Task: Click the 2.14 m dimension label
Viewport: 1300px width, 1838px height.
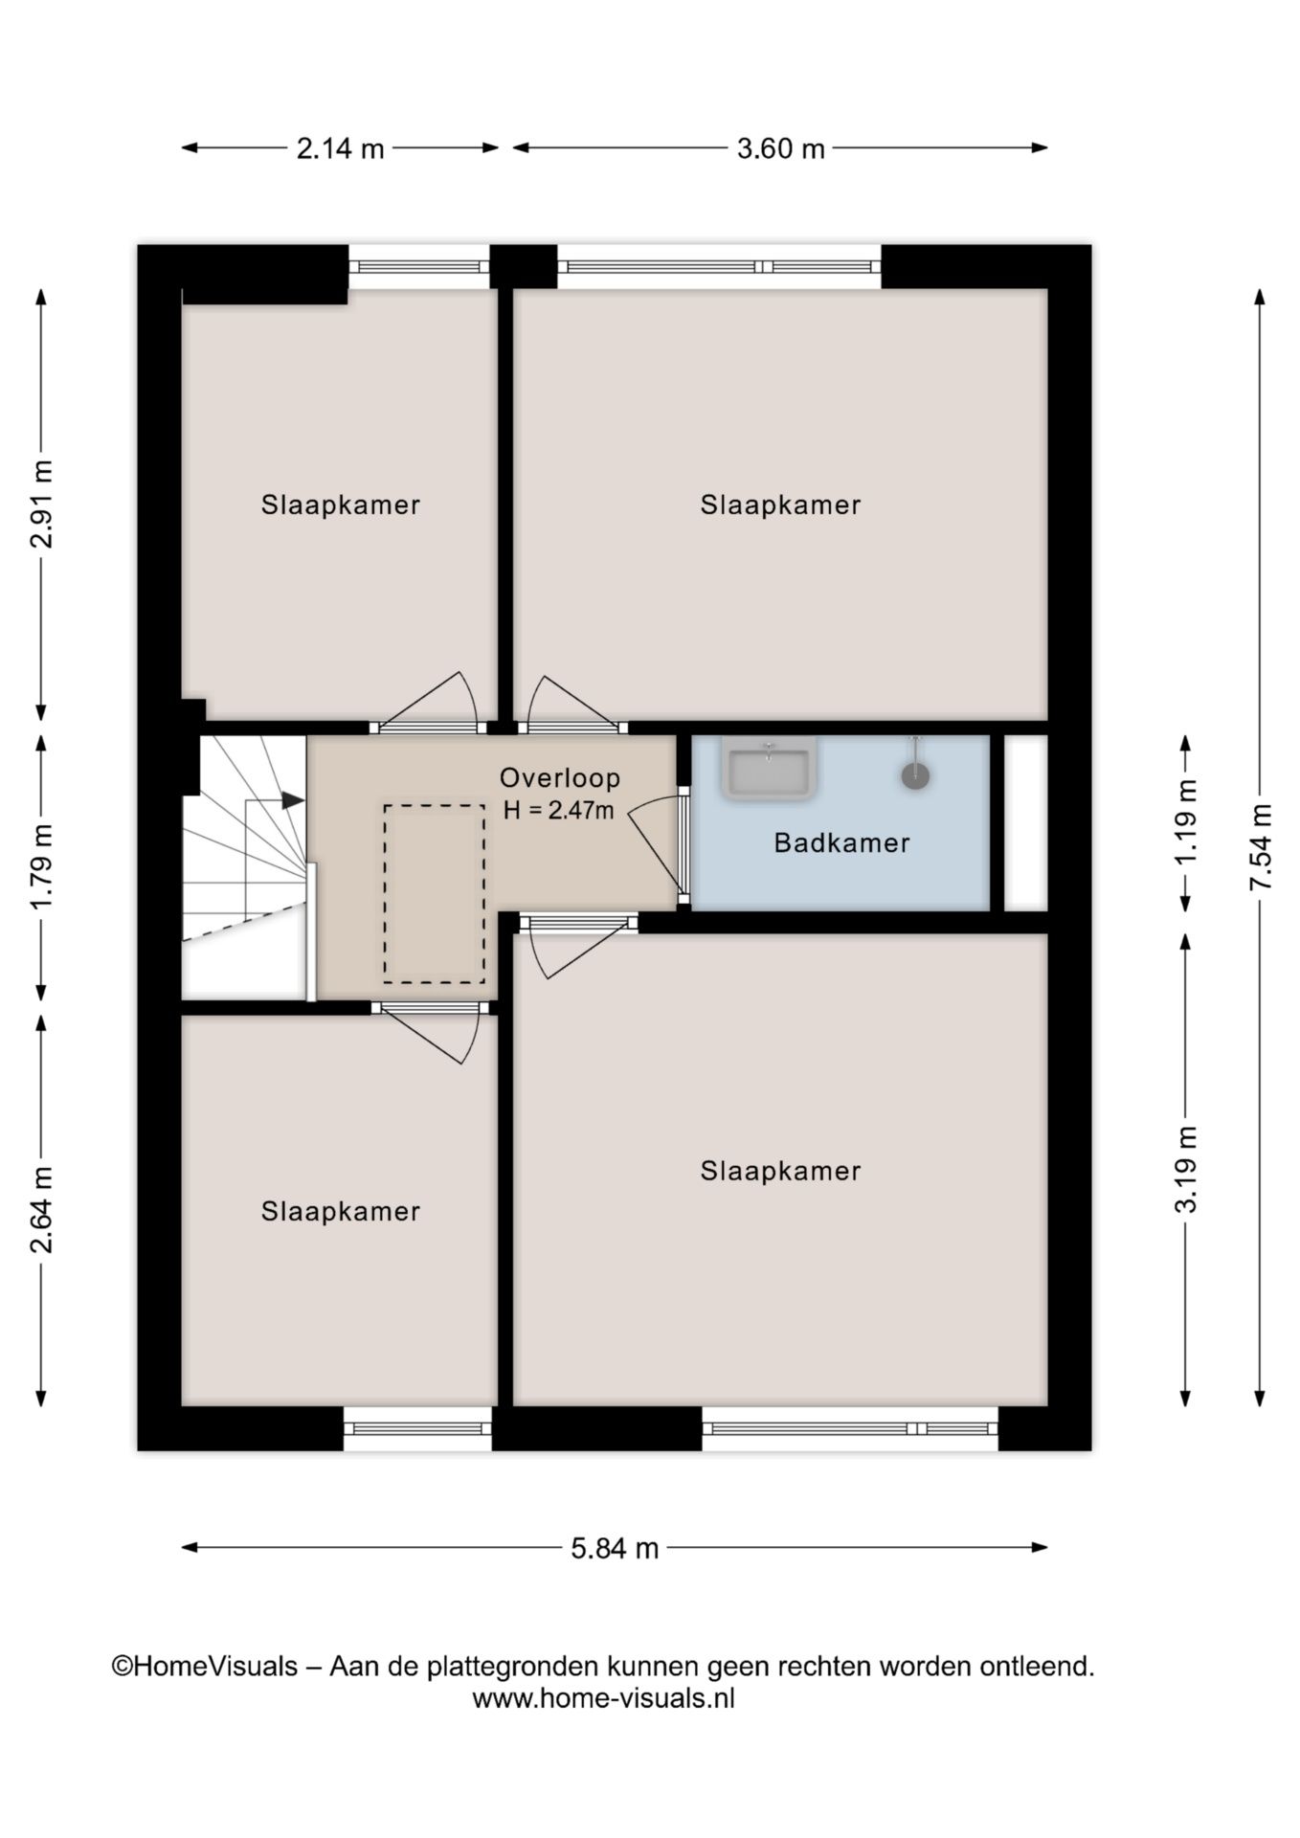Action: pos(340,148)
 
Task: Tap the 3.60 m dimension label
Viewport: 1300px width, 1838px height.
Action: pos(780,148)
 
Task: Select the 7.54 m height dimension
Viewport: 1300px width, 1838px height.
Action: pos(1261,847)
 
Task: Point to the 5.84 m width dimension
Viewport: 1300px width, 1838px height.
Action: pos(615,1548)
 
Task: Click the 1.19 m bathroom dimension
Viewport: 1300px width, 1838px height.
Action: pos(1187,821)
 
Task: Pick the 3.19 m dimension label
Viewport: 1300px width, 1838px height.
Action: pos(1187,1169)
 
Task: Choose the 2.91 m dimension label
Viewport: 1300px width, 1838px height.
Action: pos(41,504)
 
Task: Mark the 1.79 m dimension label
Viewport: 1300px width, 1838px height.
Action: pos(41,866)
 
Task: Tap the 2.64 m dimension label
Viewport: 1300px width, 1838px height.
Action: pos(41,1210)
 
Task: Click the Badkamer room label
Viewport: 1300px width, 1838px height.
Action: pos(841,842)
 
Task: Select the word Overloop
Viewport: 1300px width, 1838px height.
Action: pos(560,778)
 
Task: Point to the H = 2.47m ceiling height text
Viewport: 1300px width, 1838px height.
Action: pos(559,810)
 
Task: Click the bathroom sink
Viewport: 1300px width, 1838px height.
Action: pos(770,769)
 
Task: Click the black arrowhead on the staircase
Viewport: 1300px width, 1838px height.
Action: pos(293,799)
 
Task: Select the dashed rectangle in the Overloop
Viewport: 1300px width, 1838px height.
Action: pos(434,894)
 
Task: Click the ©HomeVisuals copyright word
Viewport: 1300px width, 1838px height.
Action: pos(205,1667)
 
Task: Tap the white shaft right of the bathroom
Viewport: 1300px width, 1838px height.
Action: pos(1025,823)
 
